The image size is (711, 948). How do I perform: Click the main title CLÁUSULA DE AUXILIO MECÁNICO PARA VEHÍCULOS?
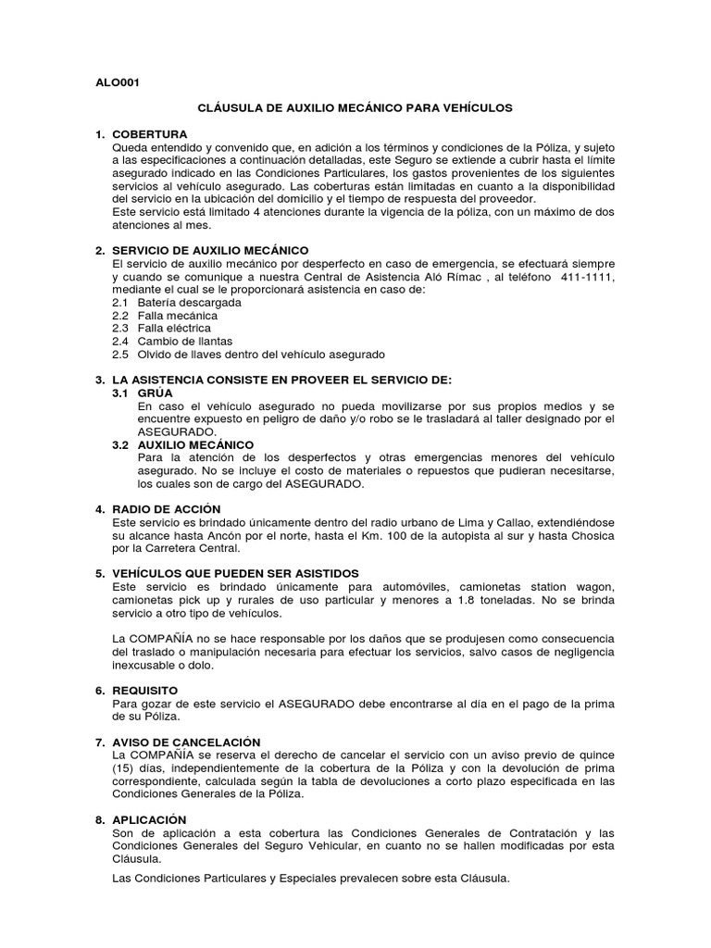click(355, 108)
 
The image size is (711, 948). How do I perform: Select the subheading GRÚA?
click(156, 393)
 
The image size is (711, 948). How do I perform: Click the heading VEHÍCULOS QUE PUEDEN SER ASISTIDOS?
click(235, 574)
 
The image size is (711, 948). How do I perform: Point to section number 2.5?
click(119, 355)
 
